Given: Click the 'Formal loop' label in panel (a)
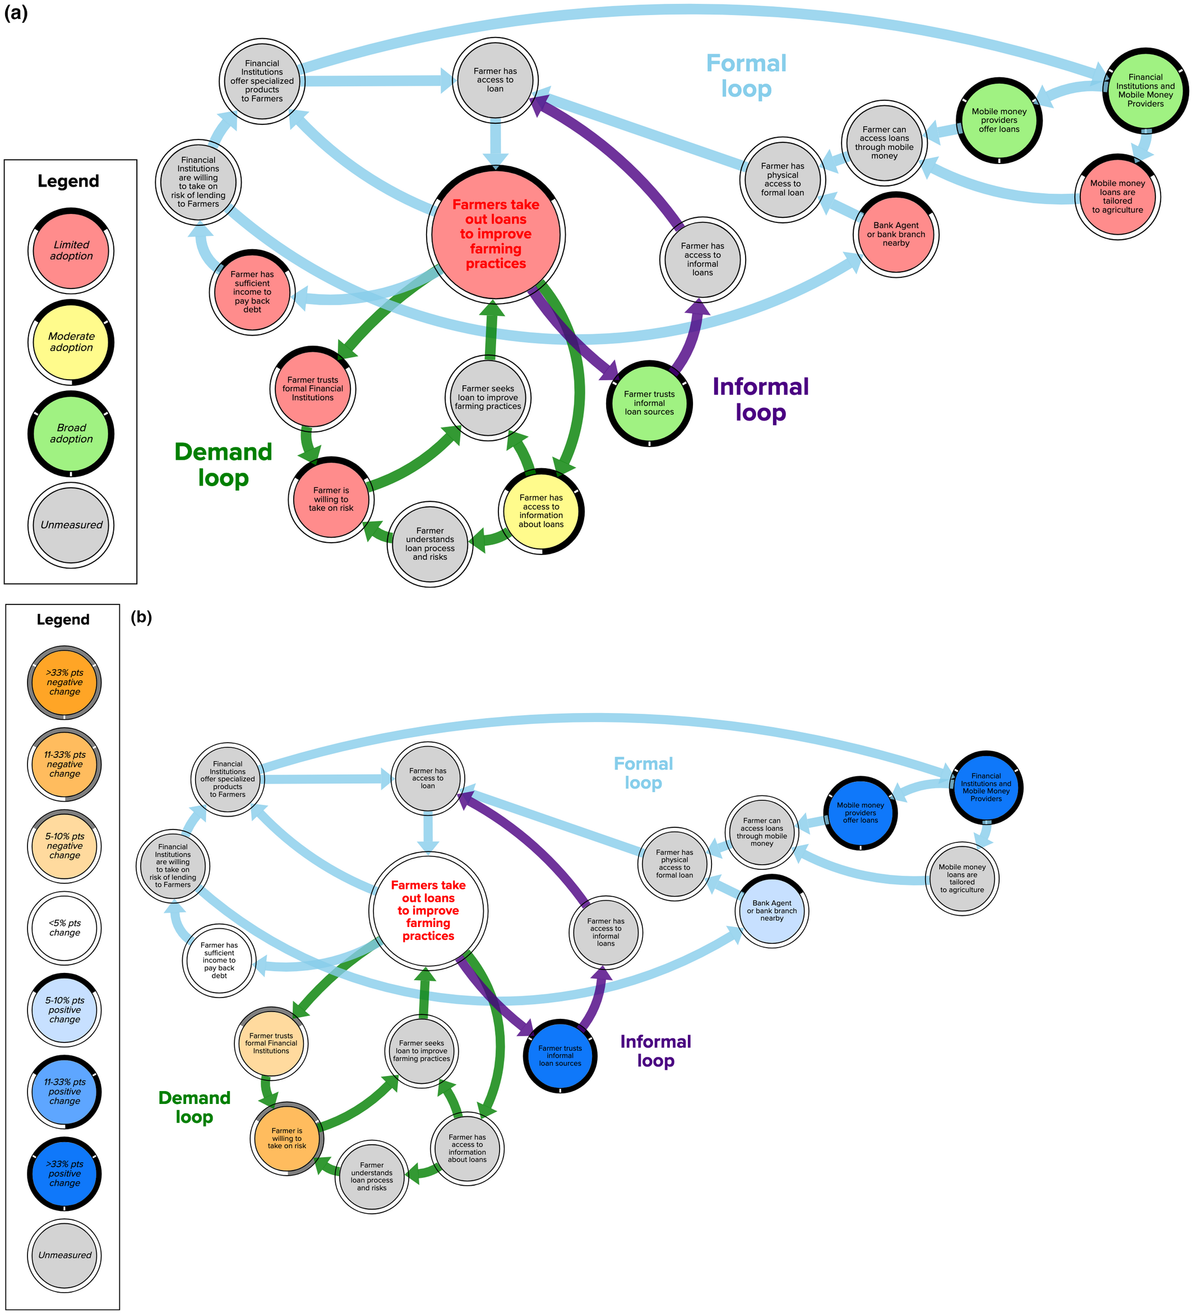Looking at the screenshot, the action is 746,76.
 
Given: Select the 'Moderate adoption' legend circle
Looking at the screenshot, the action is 71,342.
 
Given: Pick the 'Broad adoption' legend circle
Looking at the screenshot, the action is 71,434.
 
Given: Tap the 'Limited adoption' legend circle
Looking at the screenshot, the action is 71,251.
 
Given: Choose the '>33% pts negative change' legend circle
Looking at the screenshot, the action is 64,682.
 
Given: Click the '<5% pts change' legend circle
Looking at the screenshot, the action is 64,928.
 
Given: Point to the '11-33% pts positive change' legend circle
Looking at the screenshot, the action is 64,1092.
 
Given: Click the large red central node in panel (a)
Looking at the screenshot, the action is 496,235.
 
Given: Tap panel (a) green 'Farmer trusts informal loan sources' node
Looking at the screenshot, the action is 649,403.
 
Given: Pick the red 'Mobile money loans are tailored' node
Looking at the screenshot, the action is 1117,197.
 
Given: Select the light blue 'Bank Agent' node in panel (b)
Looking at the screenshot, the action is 771,911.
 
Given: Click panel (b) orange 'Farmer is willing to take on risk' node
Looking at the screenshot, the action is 287,1138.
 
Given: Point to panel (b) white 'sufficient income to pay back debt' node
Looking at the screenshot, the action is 219,960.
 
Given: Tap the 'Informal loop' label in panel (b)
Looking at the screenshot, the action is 655,1051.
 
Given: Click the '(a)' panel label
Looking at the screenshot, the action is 16,12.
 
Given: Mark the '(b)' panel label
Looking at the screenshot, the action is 141,617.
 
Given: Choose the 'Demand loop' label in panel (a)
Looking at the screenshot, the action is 223,465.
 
